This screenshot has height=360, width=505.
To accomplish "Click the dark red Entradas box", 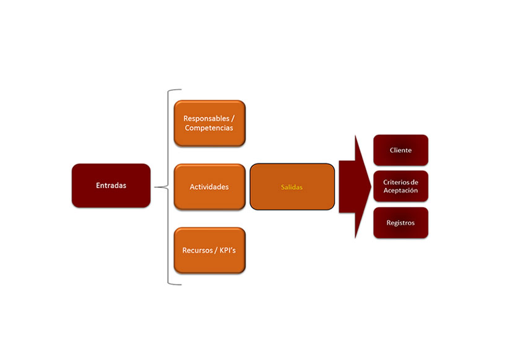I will pyautogui.click(x=111, y=185).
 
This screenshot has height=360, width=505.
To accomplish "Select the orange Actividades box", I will pyautogui.click(x=209, y=187).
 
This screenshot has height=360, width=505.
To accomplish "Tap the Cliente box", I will pyautogui.click(x=400, y=150).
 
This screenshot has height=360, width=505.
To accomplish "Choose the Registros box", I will pyautogui.click(x=400, y=223).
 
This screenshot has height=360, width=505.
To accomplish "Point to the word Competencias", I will pyautogui.click(x=209, y=128).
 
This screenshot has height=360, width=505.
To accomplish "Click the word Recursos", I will pyautogui.click(x=196, y=251).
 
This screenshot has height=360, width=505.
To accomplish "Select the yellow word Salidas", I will pyautogui.click(x=291, y=187).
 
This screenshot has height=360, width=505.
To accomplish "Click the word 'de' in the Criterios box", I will pyautogui.click(x=414, y=182).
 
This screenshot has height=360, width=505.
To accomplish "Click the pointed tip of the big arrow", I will pyautogui.click(x=369, y=186).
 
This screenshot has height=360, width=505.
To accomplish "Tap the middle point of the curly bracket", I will pyautogui.click(x=156, y=186).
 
